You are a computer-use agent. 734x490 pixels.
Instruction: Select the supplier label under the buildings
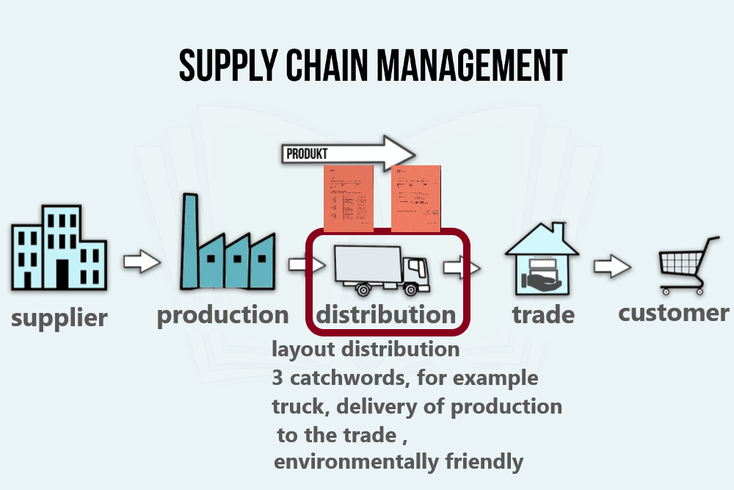[x=59, y=318]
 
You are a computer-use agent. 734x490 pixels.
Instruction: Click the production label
[x=223, y=315]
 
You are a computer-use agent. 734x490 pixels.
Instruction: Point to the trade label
[x=543, y=315]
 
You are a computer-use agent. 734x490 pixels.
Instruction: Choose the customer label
[x=673, y=313]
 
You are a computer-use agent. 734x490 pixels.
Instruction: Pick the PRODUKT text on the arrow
[x=308, y=154]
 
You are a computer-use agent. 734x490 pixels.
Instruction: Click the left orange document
[x=349, y=196]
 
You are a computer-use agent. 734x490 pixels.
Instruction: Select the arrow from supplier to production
[x=141, y=262]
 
